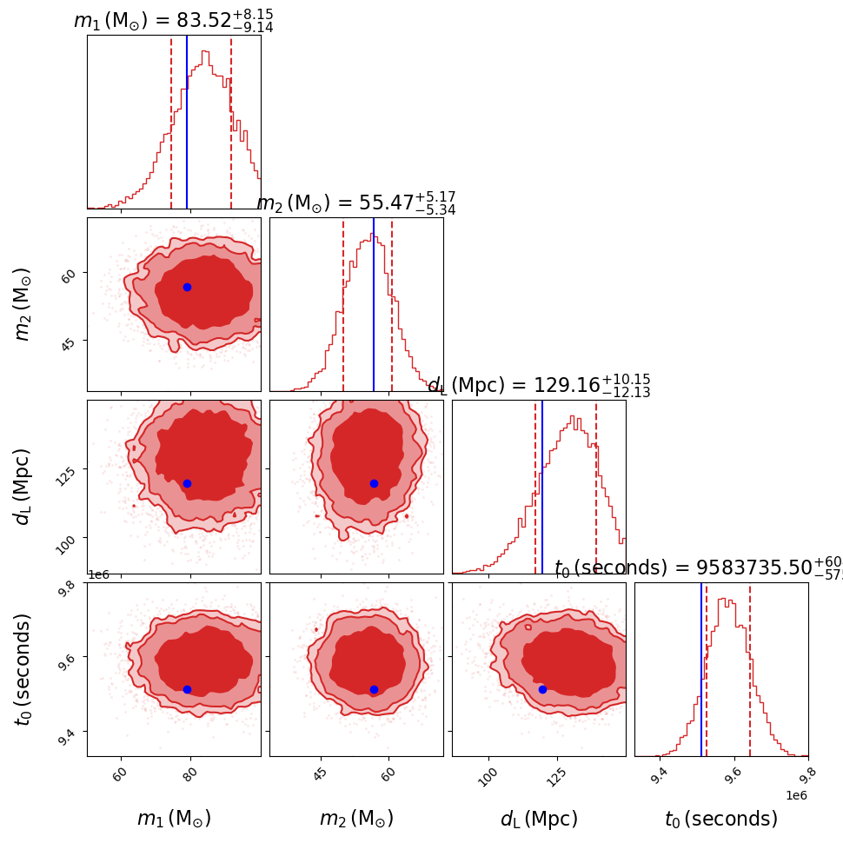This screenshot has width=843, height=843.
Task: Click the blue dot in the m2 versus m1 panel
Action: tap(187, 287)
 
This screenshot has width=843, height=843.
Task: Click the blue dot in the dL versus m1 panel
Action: tap(187, 483)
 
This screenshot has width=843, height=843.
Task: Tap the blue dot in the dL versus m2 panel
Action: tap(374, 483)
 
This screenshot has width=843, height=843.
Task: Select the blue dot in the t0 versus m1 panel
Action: tap(187, 689)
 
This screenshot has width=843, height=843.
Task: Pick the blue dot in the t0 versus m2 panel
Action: tap(374, 689)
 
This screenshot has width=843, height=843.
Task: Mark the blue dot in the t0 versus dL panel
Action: tap(542, 689)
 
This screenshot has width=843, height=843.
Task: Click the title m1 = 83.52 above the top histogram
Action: tap(174, 21)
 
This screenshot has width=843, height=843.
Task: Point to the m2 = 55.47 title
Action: tap(356, 203)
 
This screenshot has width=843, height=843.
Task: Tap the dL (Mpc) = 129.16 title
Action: tap(539, 386)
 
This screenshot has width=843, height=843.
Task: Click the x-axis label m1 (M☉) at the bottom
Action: tap(174, 819)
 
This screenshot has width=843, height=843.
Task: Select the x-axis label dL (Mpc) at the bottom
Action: tap(539, 819)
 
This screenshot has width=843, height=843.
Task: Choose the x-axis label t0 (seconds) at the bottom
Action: tap(721, 819)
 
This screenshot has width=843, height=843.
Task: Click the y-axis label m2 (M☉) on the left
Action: tap(23, 304)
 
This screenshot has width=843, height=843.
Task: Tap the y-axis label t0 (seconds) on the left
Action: tap(23, 669)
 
